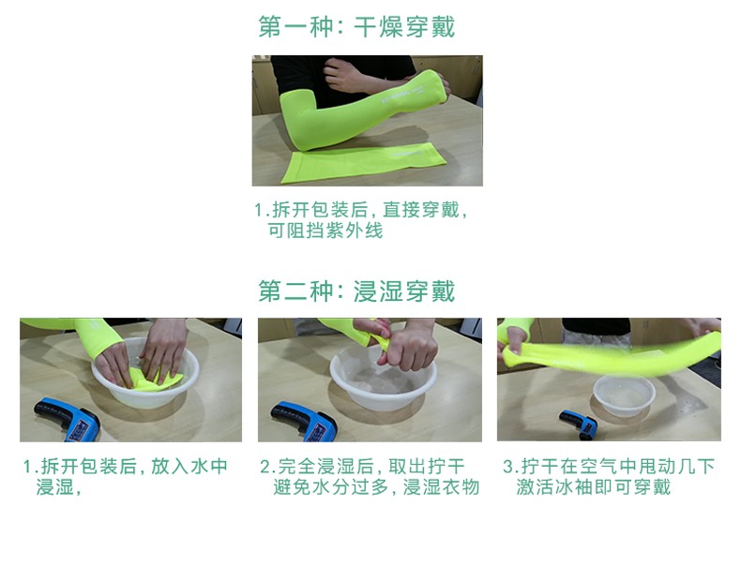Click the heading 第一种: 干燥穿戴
click(356, 26)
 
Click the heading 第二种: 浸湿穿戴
click(356, 291)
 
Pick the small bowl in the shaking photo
click(624, 397)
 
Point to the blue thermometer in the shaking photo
click(578, 423)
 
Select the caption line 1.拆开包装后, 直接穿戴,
click(360, 210)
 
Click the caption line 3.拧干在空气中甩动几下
click(609, 467)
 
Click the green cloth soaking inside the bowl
click(155, 379)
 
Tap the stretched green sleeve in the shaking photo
click(610, 351)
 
